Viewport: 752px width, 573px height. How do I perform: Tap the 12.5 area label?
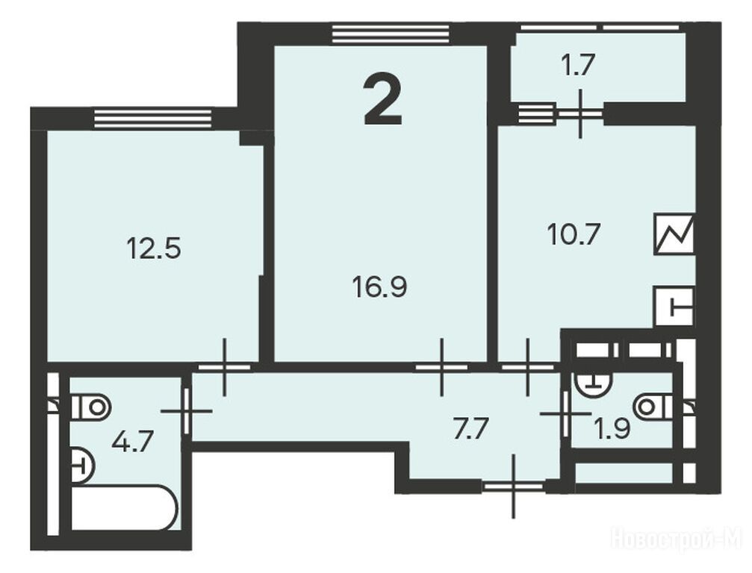(x=154, y=249)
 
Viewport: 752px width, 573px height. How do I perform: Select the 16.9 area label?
(x=379, y=287)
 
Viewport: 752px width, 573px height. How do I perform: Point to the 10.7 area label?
(x=574, y=235)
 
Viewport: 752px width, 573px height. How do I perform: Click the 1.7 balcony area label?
(x=579, y=65)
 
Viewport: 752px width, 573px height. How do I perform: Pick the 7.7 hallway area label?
(x=471, y=429)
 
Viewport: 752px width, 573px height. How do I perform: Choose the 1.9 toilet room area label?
(x=612, y=429)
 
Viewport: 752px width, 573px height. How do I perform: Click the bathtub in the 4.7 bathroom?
(x=124, y=508)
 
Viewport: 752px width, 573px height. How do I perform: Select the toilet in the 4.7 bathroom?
(x=91, y=407)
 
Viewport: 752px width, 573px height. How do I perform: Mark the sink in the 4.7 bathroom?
(x=82, y=465)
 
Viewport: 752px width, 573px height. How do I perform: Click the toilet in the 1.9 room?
(x=653, y=407)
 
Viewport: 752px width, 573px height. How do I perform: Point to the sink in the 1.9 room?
(x=594, y=383)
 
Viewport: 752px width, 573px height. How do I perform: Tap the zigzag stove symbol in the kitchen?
(x=674, y=234)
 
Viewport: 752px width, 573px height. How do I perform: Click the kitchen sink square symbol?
(x=675, y=307)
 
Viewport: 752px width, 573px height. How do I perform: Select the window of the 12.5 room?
(x=153, y=119)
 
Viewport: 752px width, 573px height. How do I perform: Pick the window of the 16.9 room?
(x=391, y=34)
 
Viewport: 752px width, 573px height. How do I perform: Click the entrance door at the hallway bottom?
(x=513, y=486)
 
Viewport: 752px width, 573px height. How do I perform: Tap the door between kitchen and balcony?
(x=580, y=114)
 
